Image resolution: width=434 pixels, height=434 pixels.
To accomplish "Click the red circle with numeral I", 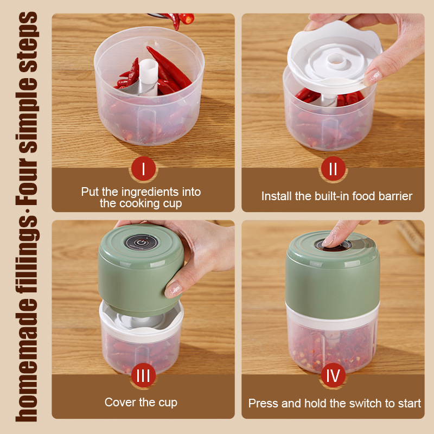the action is pyautogui.click(x=143, y=169).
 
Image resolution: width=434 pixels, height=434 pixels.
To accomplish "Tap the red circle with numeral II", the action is pyautogui.click(x=333, y=169).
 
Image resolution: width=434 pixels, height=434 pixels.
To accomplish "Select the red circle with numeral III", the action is pyautogui.click(x=143, y=375).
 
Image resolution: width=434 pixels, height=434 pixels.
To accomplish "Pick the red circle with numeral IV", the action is pyautogui.click(x=333, y=375).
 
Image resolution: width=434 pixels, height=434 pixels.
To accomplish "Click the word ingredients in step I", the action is pyautogui.click(x=150, y=192).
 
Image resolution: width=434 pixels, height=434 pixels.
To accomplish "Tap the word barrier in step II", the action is pyautogui.click(x=395, y=196).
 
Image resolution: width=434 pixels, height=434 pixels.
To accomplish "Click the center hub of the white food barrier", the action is pyautogui.click(x=336, y=60).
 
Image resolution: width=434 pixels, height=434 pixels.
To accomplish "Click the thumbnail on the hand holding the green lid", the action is pyautogui.click(x=173, y=290).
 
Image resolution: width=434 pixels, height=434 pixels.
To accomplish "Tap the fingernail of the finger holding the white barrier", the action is pyautogui.click(x=372, y=77).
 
